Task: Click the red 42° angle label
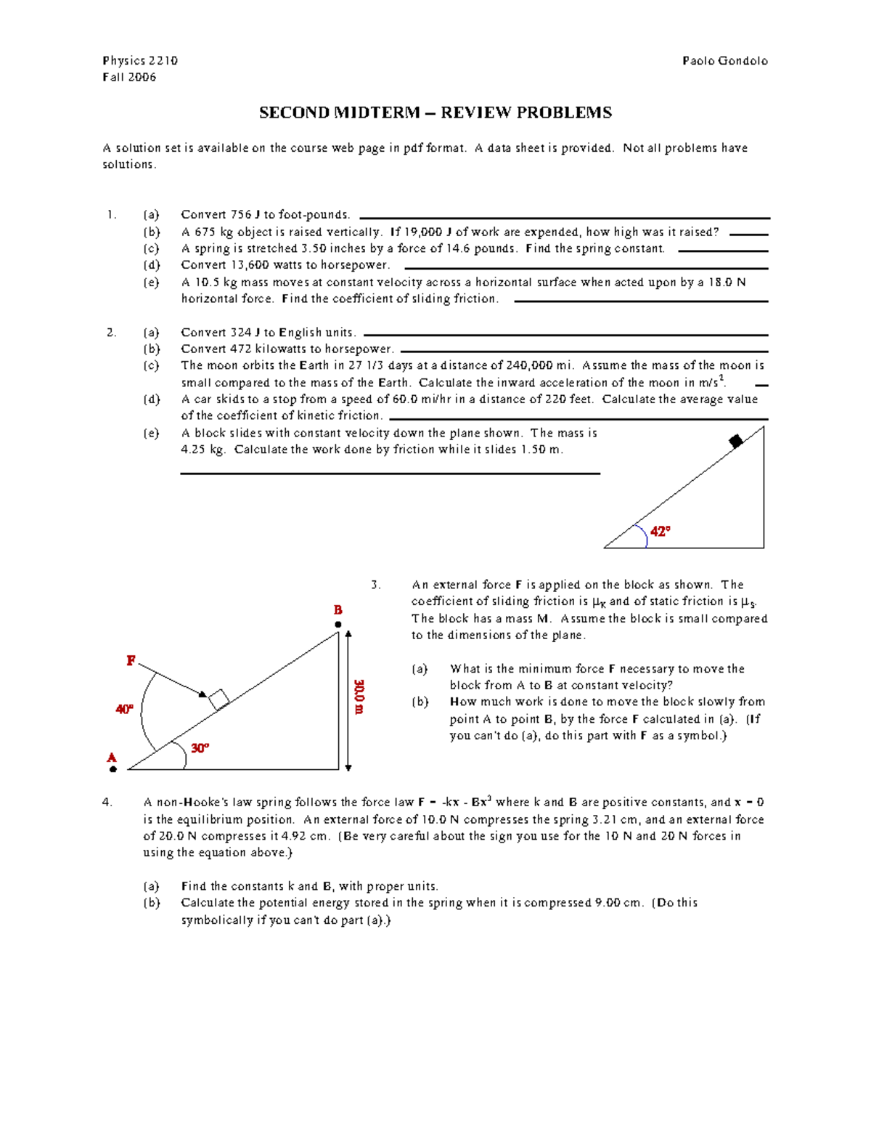(660, 531)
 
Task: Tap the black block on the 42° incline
(735, 440)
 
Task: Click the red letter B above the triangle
(338, 609)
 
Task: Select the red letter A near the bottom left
(112, 758)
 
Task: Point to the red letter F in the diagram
(131, 660)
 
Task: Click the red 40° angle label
(124, 709)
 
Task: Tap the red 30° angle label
(200, 747)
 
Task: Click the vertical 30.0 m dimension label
(359, 697)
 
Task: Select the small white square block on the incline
(218, 699)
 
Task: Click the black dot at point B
(338, 624)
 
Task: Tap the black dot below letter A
(113, 768)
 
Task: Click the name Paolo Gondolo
(724, 61)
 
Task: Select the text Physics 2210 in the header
(140, 61)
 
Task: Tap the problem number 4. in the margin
(107, 803)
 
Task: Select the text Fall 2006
(129, 78)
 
